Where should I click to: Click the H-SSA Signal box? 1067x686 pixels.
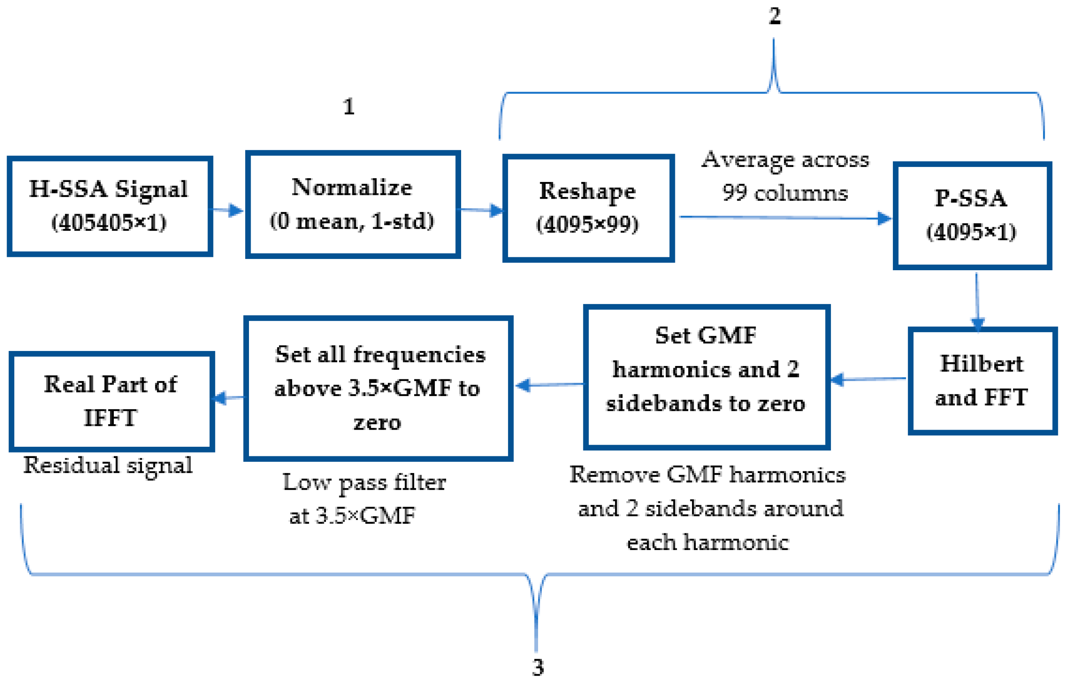coord(110,206)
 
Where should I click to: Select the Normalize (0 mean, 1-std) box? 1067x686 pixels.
coord(352,205)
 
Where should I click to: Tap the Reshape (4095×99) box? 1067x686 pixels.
coord(587,208)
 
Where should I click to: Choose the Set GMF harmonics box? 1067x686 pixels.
coord(706,377)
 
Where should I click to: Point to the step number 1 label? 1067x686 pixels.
coord(349,107)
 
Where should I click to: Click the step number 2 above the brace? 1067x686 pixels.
coord(774,17)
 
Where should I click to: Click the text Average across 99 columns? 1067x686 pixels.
coord(785,177)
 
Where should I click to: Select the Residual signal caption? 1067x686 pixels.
coord(108,466)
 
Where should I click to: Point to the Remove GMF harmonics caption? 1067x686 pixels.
coord(708,508)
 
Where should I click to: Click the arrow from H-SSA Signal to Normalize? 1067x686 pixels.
coord(227,210)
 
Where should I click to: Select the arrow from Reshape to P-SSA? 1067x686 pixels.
coord(784,218)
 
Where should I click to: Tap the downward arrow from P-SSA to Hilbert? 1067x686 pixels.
coord(977,301)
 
